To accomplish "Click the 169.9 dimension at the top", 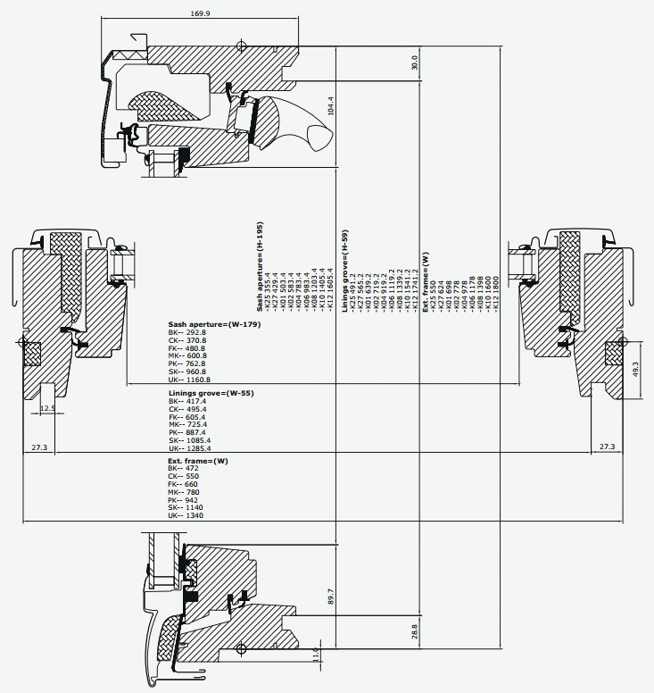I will click(x=175, y=13).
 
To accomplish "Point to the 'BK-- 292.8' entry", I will click(x=186, y=332).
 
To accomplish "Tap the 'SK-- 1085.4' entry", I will click(x=189, y=439).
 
